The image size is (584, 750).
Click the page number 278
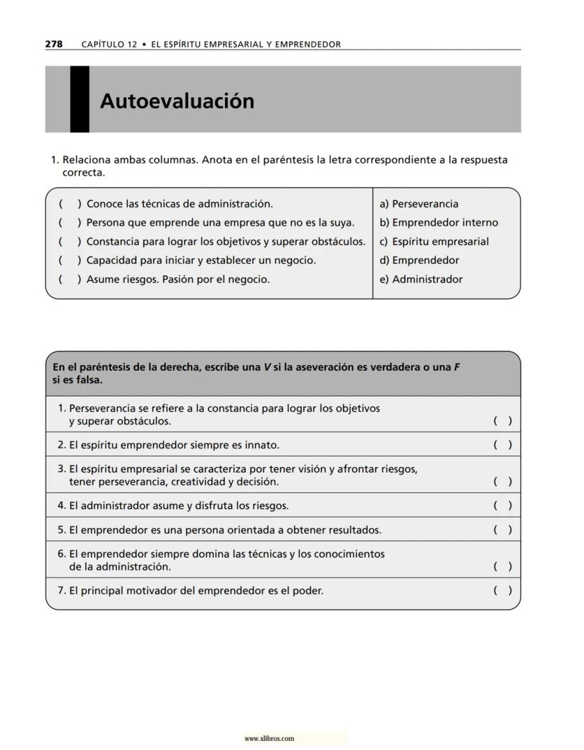click(x=54, y=44)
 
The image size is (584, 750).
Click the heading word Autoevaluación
click(x=177, y=102)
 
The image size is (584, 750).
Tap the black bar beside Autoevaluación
click(x=80, y=99)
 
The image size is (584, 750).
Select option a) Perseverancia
click(x=419, y=204)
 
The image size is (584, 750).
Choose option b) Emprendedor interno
click(x=439, y=223)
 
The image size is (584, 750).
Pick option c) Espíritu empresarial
click(x=434, y=242)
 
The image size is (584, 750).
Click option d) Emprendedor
click(x=419, y=260)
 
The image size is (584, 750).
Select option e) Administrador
click(x=421, y=279)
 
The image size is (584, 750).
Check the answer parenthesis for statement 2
click(x=502, y=445)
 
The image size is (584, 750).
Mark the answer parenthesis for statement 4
click(x=502, y=505)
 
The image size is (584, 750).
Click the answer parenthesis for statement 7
click(x=502, y=591)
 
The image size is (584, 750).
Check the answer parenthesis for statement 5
click(x=502, y=530)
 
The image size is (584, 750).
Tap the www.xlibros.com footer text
click(x=269, y=739)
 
